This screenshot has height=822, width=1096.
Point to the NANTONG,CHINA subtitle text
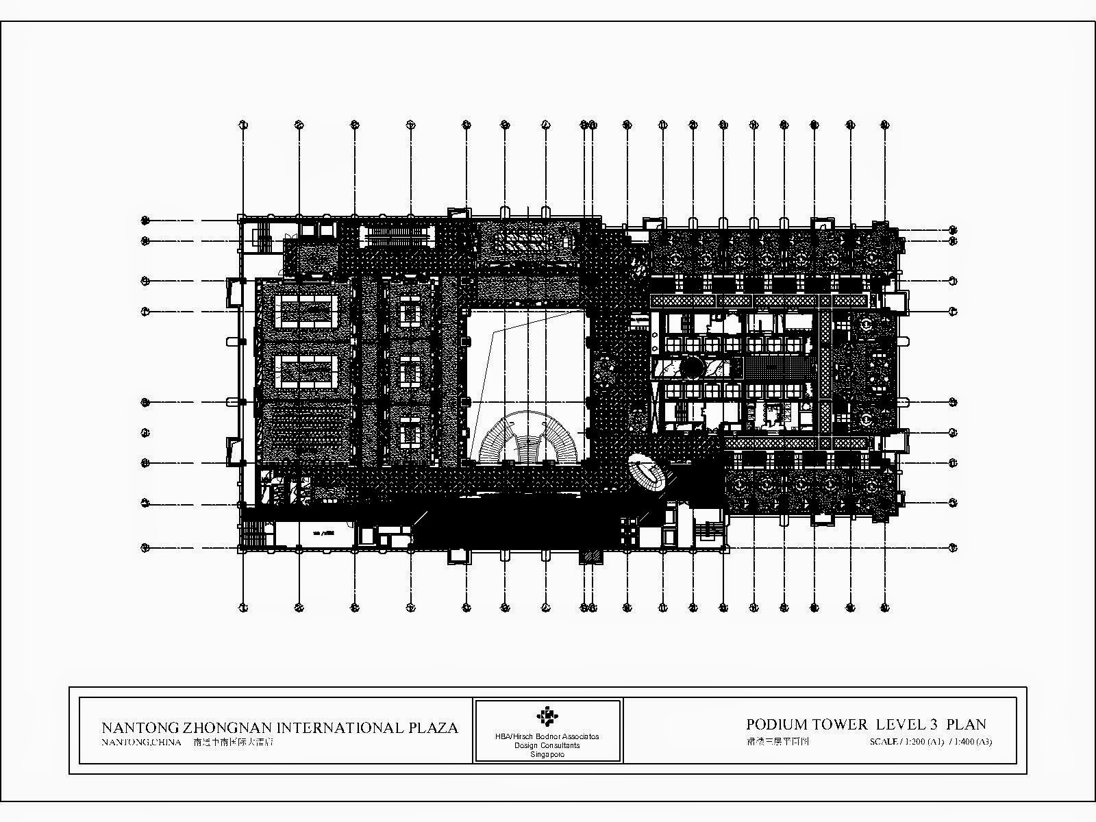[x=140, y=742]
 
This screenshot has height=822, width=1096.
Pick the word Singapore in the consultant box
[x=547, y=754]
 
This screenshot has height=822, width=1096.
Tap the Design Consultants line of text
[x=547, y=745]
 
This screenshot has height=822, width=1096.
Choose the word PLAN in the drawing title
[x=966, y=724]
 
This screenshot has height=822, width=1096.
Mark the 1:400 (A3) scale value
[x=972, y=741]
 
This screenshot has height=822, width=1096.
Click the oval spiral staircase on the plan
[x=647, y=473]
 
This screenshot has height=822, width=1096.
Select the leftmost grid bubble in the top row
[x=242, y=125]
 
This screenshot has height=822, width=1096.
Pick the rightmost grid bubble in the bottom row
[x=884, y=607]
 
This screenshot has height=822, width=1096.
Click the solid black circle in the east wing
[x=693, y=368]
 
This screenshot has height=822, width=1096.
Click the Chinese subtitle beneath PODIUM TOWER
[x=777, y=741]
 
